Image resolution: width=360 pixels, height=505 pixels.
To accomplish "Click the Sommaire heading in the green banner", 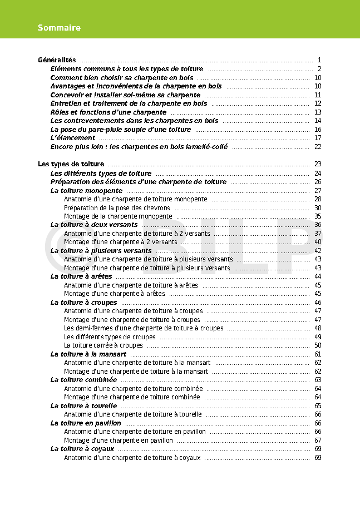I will point(59,28).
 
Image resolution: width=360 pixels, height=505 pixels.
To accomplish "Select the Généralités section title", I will point(57,60).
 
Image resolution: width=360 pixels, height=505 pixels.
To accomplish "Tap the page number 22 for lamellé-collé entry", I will point(318,147).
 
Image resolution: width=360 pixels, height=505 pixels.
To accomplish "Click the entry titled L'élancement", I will point(73,138).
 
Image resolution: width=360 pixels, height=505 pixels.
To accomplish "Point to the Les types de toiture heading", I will point(71,164).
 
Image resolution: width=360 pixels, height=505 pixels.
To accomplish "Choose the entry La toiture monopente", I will point(86,190).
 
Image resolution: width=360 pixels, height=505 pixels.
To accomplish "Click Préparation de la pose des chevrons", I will point(117,208).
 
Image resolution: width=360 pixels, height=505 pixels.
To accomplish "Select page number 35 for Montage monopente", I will point(318,216).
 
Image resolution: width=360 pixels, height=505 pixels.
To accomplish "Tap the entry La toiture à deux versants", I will point(94,225).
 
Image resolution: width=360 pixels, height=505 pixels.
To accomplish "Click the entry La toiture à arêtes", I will point(81,276).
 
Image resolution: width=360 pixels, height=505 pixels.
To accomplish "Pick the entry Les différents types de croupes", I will point(110,337).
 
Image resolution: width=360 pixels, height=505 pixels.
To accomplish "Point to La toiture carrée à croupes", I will point(103,345).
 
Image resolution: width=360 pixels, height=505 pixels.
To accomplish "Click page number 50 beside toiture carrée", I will point(318,345).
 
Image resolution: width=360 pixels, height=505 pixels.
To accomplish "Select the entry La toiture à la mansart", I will point(88,354).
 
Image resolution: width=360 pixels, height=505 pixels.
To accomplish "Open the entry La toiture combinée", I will point(84,380).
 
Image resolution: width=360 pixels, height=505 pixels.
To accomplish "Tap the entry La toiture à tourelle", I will point(83,406).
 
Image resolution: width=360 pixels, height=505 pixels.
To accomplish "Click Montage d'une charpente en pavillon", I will point(119,440).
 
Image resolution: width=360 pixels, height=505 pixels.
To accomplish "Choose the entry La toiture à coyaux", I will point(82,449).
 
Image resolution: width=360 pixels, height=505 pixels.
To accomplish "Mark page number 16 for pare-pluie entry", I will point(318,130).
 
